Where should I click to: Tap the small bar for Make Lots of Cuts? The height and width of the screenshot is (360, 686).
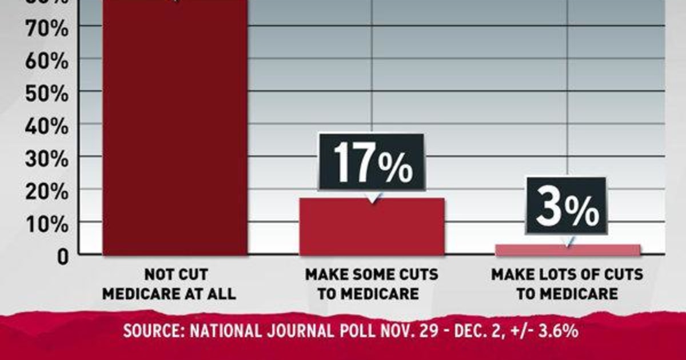pyautogui.click(x=567, y=250)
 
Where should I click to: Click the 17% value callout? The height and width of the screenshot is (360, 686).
pyautogui.click(x=371, y=162)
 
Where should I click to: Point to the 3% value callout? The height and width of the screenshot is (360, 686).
pyautogui.click(x=566, y=206)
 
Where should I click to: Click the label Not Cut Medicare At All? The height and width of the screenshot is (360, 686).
pyautogui.click(x=175, y=284)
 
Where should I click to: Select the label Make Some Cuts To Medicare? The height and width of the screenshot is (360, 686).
pyautogui.click(x=372, y=284)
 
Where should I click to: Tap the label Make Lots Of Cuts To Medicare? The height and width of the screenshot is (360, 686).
pyautogui.click(x=567, y=284)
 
